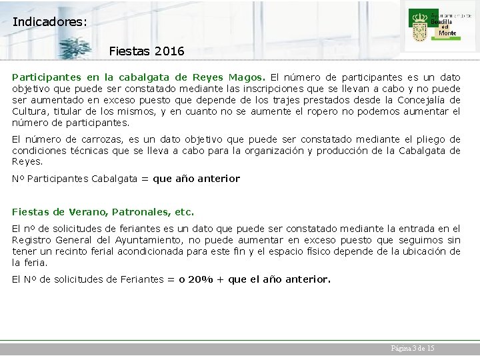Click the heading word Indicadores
49,21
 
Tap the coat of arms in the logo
420,26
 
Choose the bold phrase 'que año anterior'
196,179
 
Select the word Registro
32,240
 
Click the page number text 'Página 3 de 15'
412,349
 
